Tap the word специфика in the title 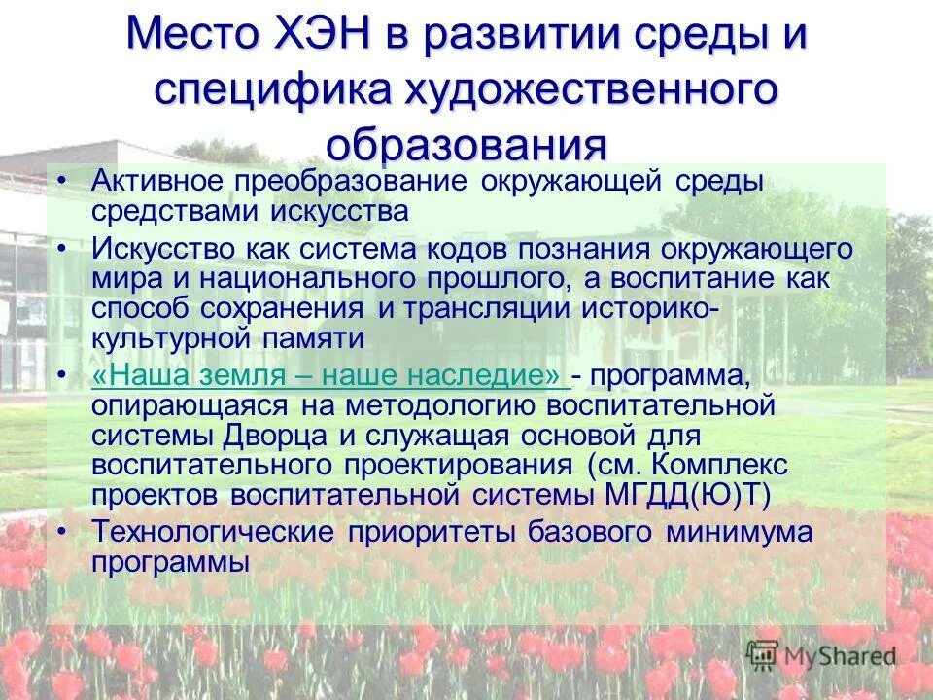coord(267,91)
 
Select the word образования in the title coord(466,144)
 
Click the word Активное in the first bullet coord(155,182)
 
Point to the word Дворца coord(259,434)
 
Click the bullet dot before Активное coord(62,181)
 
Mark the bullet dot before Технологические coord(62,532)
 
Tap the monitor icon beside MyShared coord(763,653)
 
